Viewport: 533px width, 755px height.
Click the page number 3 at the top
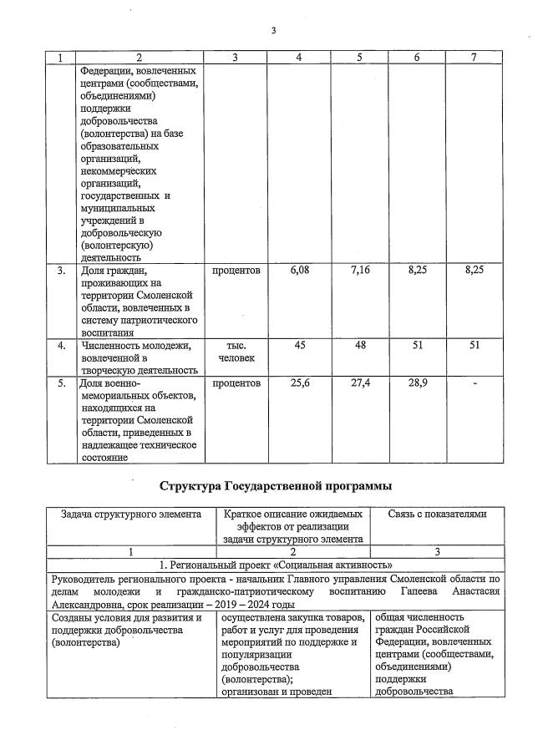272,32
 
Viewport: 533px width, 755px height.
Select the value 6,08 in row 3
299,271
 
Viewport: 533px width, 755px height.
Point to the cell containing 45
299,345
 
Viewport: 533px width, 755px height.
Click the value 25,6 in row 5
299,383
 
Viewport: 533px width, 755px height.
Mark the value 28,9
416,383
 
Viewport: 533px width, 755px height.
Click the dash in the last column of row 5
474,383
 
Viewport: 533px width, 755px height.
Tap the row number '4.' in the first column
61,345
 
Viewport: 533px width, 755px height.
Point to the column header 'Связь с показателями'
436,514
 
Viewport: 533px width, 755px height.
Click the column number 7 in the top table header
474,58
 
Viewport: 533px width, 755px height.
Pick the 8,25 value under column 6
416,271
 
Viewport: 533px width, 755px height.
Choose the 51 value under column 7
474,345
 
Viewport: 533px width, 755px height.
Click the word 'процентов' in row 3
236,271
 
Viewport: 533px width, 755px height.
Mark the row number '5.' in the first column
61,383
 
